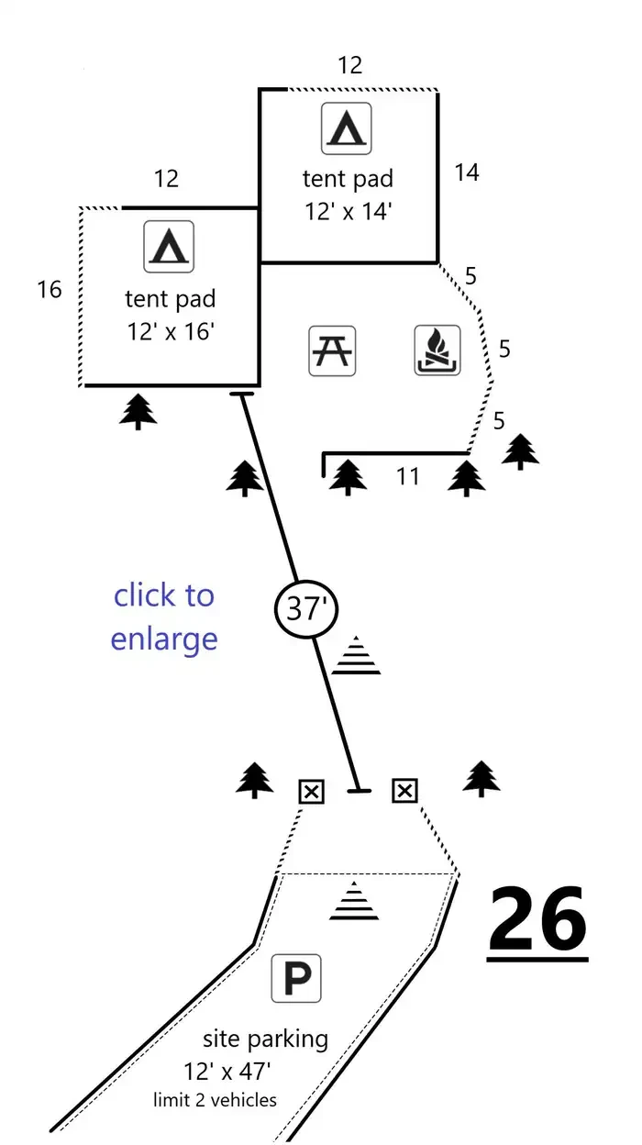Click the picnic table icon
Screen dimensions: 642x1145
[332, 350]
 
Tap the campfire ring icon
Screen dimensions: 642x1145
[437, 350]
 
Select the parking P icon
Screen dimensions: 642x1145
[296, 978]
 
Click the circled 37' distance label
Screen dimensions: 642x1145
[306, 609]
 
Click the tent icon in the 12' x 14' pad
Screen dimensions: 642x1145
[346, 128]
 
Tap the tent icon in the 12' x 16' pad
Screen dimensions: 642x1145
[169, 247]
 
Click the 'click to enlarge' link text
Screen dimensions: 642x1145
[164, 617]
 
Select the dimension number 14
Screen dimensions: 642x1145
[467, 172]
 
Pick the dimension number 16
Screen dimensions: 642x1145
[50, 290]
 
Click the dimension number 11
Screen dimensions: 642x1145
[407, 476]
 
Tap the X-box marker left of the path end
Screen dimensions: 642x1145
[311, 792]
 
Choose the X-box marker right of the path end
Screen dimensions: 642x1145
[404, 791]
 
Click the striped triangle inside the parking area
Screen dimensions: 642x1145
[354, 900]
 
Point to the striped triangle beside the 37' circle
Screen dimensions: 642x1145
[356, 655]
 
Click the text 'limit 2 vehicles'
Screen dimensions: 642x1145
[215, 1099]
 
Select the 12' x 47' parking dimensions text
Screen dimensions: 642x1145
[227, 1072]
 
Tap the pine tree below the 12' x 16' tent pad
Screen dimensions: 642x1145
[138, 411]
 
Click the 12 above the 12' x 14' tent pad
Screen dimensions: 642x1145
[350, 65]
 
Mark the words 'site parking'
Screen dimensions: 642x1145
[265, 1039]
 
